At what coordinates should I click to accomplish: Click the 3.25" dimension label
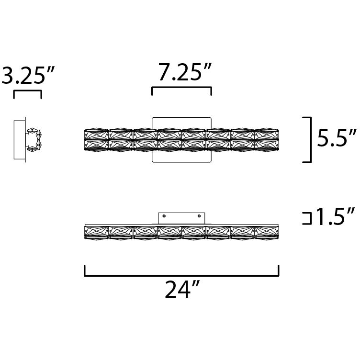(28, 75)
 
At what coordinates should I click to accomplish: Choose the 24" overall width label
(181, 289)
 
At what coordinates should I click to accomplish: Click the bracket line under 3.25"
(27, 91)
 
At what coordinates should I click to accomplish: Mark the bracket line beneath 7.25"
(181, 88)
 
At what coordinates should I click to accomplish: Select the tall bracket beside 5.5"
(310, 139)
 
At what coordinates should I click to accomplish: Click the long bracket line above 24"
(181, 275)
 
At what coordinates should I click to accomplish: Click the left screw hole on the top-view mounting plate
(164, 217)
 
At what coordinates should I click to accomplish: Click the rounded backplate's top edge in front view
(181, 117)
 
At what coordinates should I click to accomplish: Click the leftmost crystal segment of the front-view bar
(97, 139)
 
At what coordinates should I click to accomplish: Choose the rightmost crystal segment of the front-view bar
(267, 139)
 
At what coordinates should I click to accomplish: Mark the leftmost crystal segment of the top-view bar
(97, 231)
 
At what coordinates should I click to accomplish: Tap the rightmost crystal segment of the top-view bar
(267, 231)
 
